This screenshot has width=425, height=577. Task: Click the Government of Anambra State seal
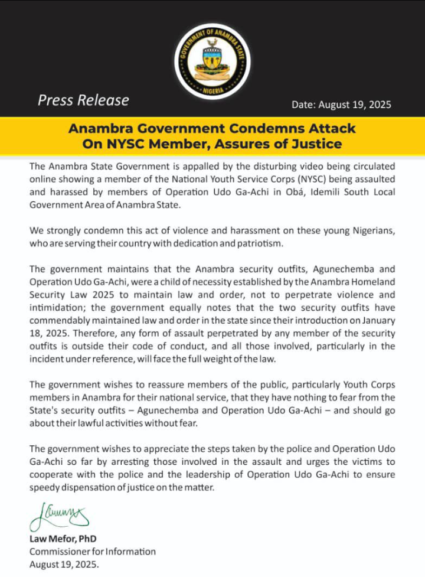(212, 61)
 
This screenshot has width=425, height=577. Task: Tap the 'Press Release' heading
(83, 100)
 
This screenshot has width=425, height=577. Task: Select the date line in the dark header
(341, 105)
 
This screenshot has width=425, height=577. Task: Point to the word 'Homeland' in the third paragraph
(375, 282)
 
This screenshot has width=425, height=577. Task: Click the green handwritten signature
(58, 516)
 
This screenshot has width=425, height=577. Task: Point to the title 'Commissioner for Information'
(93, 552)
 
